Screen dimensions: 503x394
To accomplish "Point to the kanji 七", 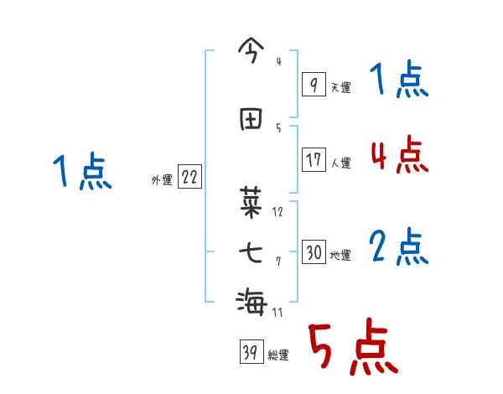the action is pyautogui.click(x=251, y=251).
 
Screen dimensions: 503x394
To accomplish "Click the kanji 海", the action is pyautogui.click(x=251, y=299).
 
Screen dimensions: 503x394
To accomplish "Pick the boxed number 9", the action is pyautogui.click(x=313, y=85).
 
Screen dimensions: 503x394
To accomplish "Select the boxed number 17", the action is pyautogui.click(x=314, y=160).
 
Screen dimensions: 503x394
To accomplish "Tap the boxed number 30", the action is pyautogui.click(x=314, y=252).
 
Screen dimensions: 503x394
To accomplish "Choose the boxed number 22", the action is pyautogui.click(x=189, y=178).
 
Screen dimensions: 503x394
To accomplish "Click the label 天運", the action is pyautogui.click(x=340, y=87).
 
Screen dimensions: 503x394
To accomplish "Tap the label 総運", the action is pyautogui.click(x=278, y=355).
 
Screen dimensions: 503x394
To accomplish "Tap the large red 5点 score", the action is pyautogui.click(x=352, y=349).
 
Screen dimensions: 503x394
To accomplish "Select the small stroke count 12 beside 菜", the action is pyautogui.click(x=277, y=212).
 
